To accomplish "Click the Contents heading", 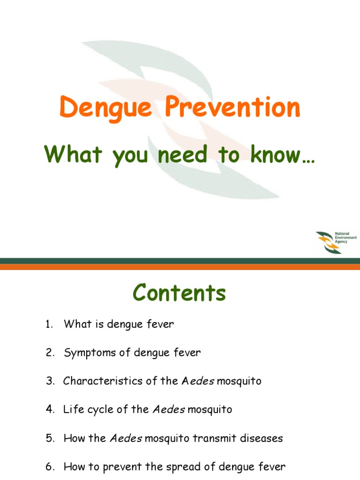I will tap(180, 293).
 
